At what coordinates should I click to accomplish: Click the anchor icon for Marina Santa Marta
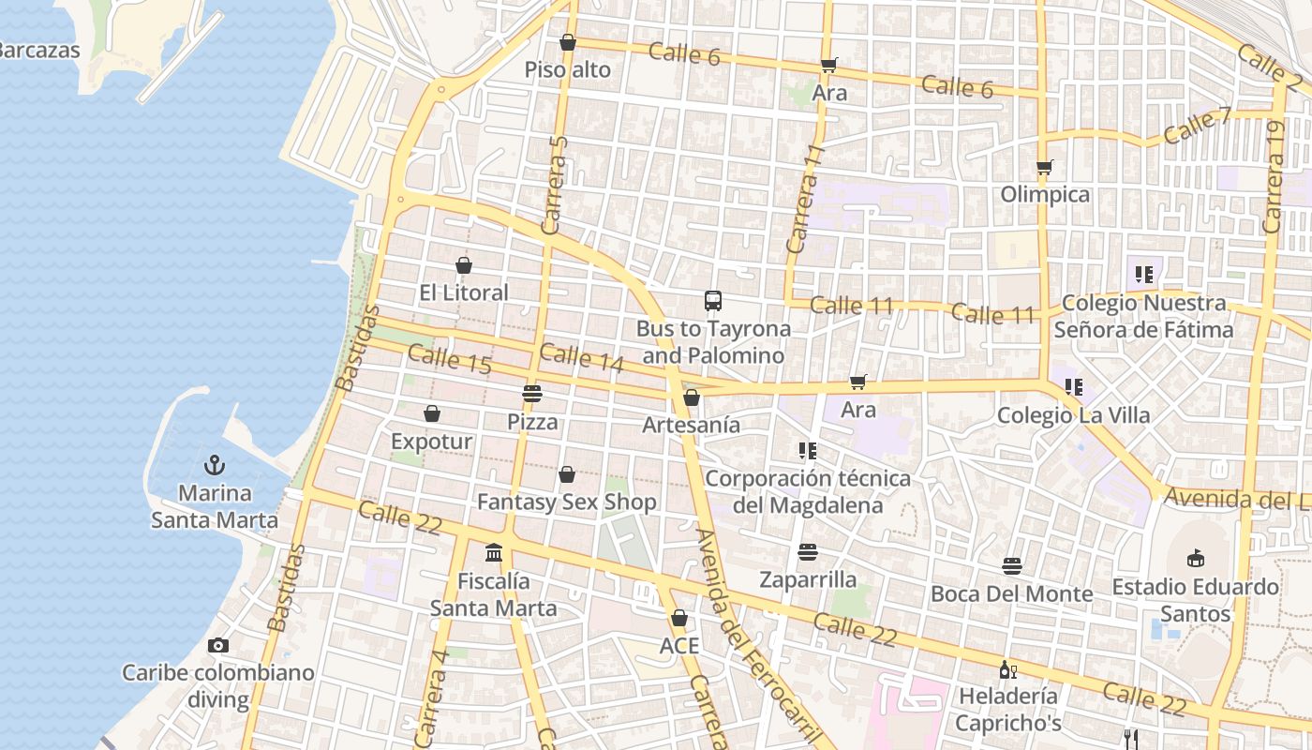(215, 465)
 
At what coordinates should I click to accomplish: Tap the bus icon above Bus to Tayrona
(713, 301)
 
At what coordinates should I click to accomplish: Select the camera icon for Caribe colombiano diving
(218, 645)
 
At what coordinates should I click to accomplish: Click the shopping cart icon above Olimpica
(1045, 168)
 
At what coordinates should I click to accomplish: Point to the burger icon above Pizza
(532, 394)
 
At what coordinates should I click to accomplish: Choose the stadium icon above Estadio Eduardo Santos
(1195, 559)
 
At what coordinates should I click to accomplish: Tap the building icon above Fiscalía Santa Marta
(494, 553)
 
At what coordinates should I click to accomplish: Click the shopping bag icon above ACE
(679, 619)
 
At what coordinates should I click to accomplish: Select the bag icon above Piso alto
(567, 42)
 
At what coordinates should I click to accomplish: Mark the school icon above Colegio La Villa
(1074, 386)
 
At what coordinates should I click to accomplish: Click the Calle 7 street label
(1197, 126)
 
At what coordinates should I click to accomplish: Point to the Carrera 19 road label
(1273, 176)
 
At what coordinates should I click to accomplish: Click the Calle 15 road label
(450, 360)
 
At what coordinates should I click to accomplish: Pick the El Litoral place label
(464, 292)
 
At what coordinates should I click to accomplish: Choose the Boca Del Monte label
(1011, 593)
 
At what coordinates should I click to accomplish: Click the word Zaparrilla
(808, 579)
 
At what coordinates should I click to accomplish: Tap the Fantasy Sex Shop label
(567, 502)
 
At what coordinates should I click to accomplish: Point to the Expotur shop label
(431, 441)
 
